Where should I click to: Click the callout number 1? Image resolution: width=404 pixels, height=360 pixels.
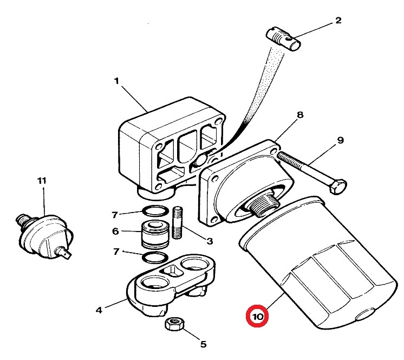tap(116, 81)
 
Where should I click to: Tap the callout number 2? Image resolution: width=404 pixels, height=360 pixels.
tap(338, 21)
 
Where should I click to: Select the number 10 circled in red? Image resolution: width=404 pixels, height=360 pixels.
tap(257, 316)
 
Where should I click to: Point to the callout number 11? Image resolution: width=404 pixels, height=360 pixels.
tap(42, 181)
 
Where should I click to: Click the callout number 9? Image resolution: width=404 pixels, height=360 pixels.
tap(340, 140)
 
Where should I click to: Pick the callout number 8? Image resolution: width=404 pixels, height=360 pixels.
tap(300, 115)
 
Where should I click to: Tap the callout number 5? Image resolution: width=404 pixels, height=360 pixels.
tap(203, 344)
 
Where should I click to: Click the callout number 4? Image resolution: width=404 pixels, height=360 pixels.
tap(99, 310)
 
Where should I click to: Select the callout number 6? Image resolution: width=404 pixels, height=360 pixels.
tap(115, 231)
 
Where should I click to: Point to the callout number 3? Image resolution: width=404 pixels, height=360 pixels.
tap(210, 241)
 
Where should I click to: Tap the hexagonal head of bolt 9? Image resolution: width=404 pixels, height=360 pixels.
tap(338, 187)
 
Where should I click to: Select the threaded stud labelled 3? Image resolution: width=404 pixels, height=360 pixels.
tap(177, 222)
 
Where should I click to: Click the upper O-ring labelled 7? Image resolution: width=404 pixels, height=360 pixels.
tap(155, 211)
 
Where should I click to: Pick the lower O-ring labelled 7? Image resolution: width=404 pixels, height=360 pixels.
tap(155, 258)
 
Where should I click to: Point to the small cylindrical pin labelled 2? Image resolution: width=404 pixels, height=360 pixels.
tap(283, 38)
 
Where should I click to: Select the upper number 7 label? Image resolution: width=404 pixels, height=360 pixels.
tap(115, 215)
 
